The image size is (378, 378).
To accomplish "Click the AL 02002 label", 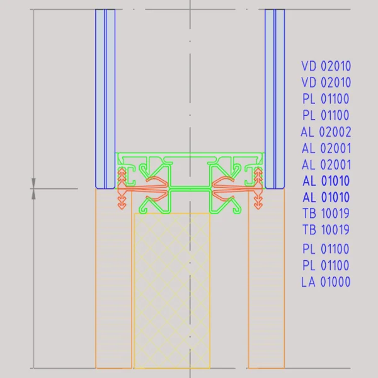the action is click(326, 132).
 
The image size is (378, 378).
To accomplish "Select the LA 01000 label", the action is click(326, 282).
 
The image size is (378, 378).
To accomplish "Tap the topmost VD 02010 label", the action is click(326, 66).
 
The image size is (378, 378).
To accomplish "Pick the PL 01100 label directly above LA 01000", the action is click(326, 265).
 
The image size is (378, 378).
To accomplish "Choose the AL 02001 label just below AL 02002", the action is click(326, 148).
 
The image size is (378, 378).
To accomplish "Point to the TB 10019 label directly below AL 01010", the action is click(326, 214).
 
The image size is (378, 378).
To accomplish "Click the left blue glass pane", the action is click(105, 99).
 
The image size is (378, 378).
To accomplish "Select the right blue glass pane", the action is click(275, 99).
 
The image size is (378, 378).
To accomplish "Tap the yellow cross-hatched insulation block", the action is click(172, 291).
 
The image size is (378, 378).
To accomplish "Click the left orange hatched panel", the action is click(113, 278).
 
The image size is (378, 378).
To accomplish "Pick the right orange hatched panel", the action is click(266, 278).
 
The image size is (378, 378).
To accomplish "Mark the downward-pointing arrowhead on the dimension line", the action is click(33, 183).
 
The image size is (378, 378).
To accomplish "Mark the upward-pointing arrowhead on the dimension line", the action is click(33, 194).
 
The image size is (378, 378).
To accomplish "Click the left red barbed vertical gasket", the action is click(122, 188).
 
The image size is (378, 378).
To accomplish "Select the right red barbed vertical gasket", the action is click(258, 188).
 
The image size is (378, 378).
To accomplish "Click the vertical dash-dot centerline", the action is click(190, 189).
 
